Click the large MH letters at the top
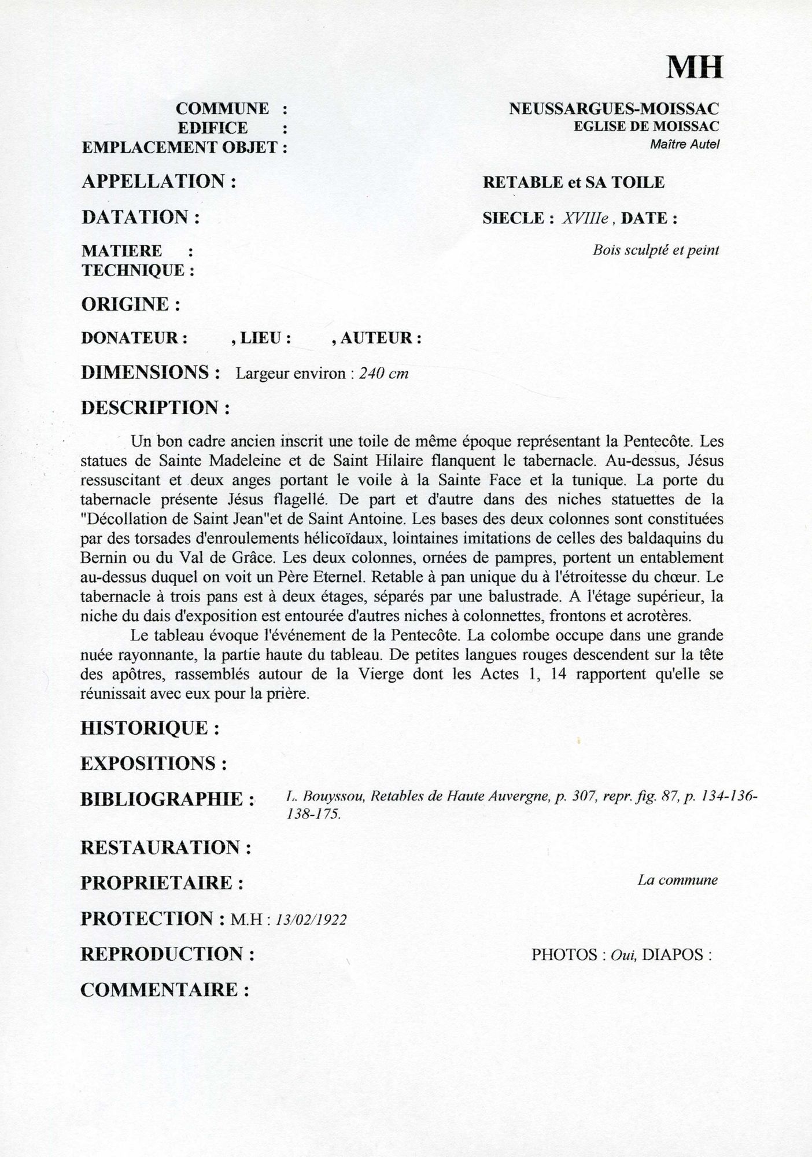(695, 68)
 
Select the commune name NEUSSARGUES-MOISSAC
(614, 108)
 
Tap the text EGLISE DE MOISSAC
(646, 126)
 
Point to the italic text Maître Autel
(684, 145)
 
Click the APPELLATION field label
(159, 182)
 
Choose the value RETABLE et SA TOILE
(573, 183)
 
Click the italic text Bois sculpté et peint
(656, 250)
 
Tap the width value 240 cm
(383, 374)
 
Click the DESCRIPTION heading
(156, 408)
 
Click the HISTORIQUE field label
(150, 728)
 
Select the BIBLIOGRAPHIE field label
(168, 799)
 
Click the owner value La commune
(677, 880)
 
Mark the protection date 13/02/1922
(312, 920)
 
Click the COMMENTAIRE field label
(164, 990)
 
